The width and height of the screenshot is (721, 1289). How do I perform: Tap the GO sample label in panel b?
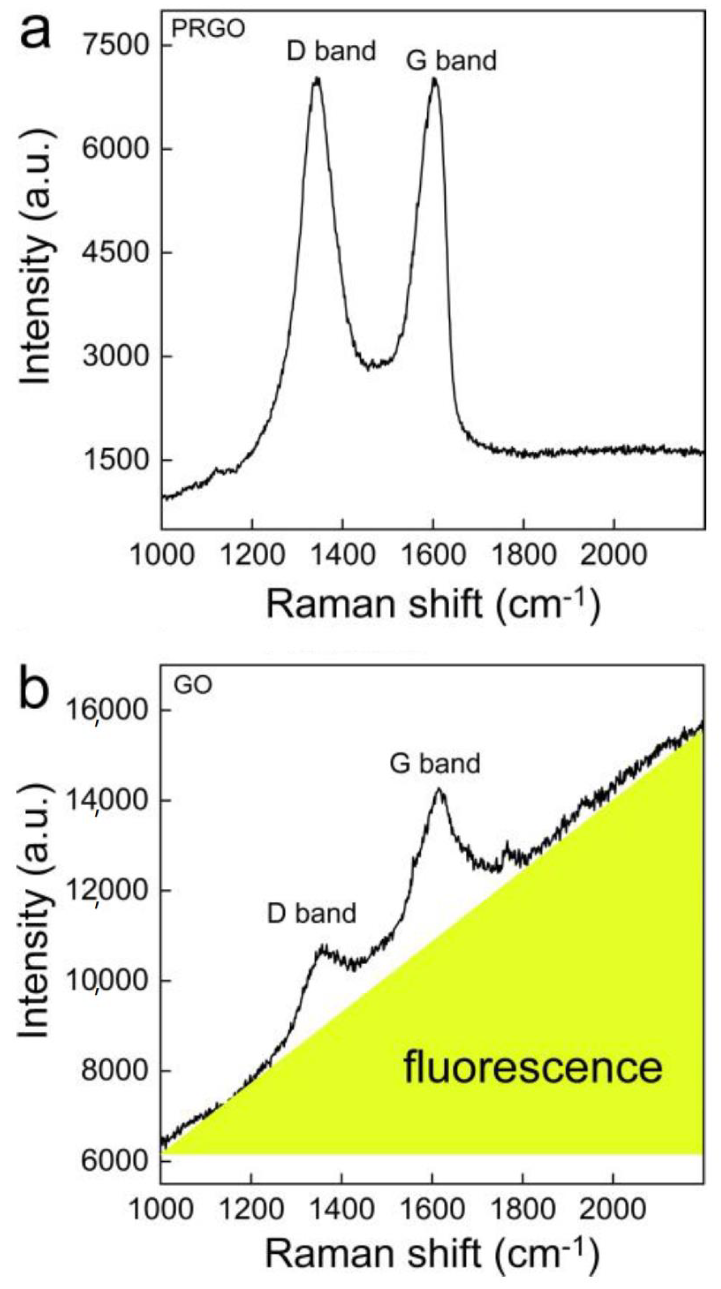[193, 684]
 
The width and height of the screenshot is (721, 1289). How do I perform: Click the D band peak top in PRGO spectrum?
[316, 79]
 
